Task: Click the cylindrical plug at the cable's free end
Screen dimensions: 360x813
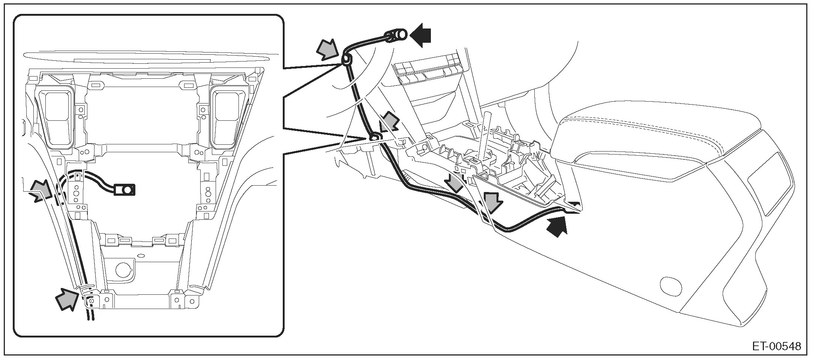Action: click(x=397, y=36)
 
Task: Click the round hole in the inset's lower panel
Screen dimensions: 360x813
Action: click(x=123, y=269)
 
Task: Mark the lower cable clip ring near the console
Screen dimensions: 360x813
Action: click(x=374, y=138)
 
